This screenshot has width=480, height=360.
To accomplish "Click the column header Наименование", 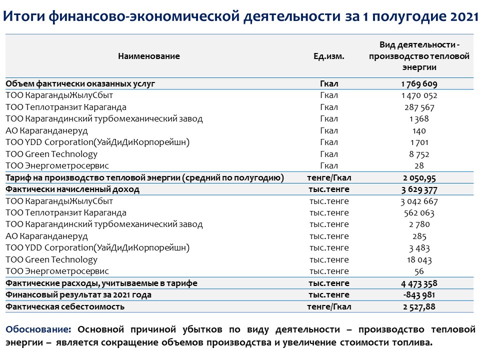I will pos(148,56).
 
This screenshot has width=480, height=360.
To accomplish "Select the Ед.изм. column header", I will pos(328,56).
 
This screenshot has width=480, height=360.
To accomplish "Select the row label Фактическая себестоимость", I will pos(65,306).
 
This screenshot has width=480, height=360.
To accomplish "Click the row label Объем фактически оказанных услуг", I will pos(87,84).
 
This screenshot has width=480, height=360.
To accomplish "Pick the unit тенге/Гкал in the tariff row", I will pos(328,177).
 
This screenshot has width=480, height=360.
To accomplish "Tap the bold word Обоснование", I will pos(38,330).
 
